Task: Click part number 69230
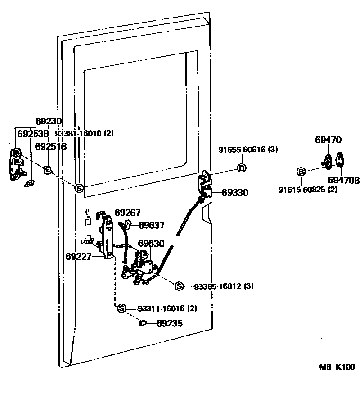pyautogui.click(x=49, y=121)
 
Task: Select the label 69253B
pyautogui.click(x=33, y=134)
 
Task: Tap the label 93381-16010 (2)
pyautogui.click(x=85, y=133)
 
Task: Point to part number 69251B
pyautogui.click(x=50, y=146)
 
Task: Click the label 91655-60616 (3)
pyautogui.click(x=248, y=150)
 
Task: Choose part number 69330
pyautogui.click(x=235, y=193)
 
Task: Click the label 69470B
pyautogui.click(x=344, y=180)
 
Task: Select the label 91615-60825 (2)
pyautogui.click(x=308, y=190)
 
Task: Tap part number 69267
pyautogui.click(x=128, y=213)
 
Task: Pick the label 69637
pyautogui.click(x=152, y=225)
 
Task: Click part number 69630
pyautogui.click(x=151, y=244)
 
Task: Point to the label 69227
pyautogui.click(x=78, y=257)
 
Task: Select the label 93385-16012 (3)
pyautogui.click(x=224, y=286)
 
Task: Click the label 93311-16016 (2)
pyautogui.click(x=167, y=308)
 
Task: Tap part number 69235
pyautogui.click(x=170, y=323)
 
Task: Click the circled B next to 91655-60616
pyautogui.click(x=242, y=168)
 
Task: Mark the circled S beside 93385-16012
pyautogui.click(x=179, y=286)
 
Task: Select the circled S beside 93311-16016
pyautogui.click(x=122, y=308)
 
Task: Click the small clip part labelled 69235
pyautogui.click(x=143, y=323)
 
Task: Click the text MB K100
pyautogui.click(x=337, y=367)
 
